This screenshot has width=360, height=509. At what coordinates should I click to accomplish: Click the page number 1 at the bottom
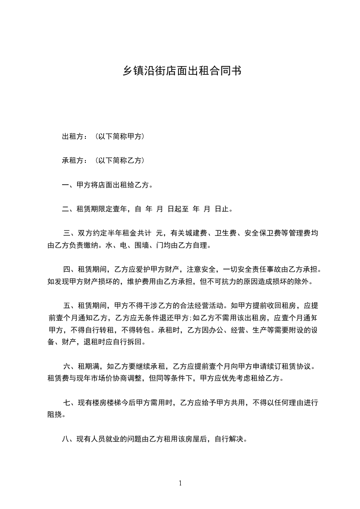pos(180,483)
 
